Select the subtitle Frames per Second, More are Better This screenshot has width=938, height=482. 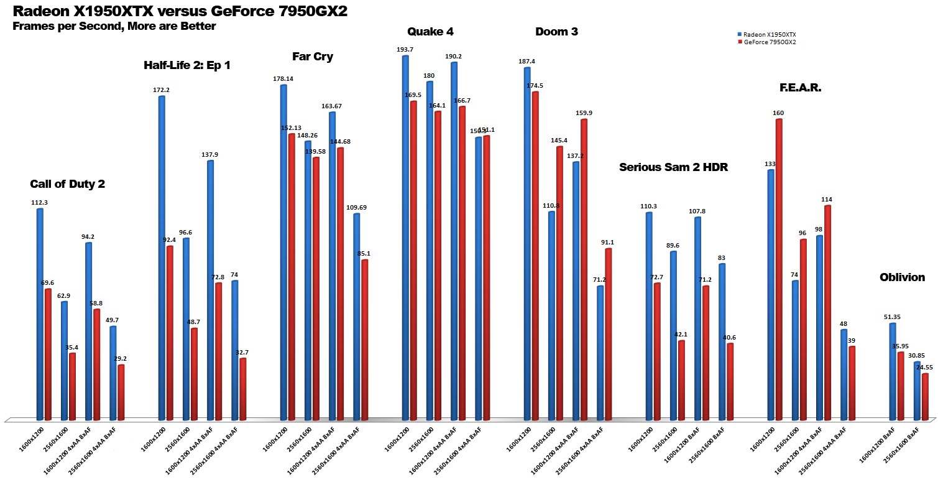[114, 26]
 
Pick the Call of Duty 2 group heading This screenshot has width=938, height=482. [67, 184]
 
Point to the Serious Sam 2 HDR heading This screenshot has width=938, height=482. [673, 167]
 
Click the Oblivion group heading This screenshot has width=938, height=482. [902, 277]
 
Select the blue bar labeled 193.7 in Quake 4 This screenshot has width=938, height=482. [405, 236]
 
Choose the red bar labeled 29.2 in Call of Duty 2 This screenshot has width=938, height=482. [121, 392]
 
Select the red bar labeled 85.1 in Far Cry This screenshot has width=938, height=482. [365, 339]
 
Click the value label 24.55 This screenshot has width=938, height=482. [925, 367]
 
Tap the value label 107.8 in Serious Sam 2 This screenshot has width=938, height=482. [697, 211]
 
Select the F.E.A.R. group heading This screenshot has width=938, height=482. [800, 88]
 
